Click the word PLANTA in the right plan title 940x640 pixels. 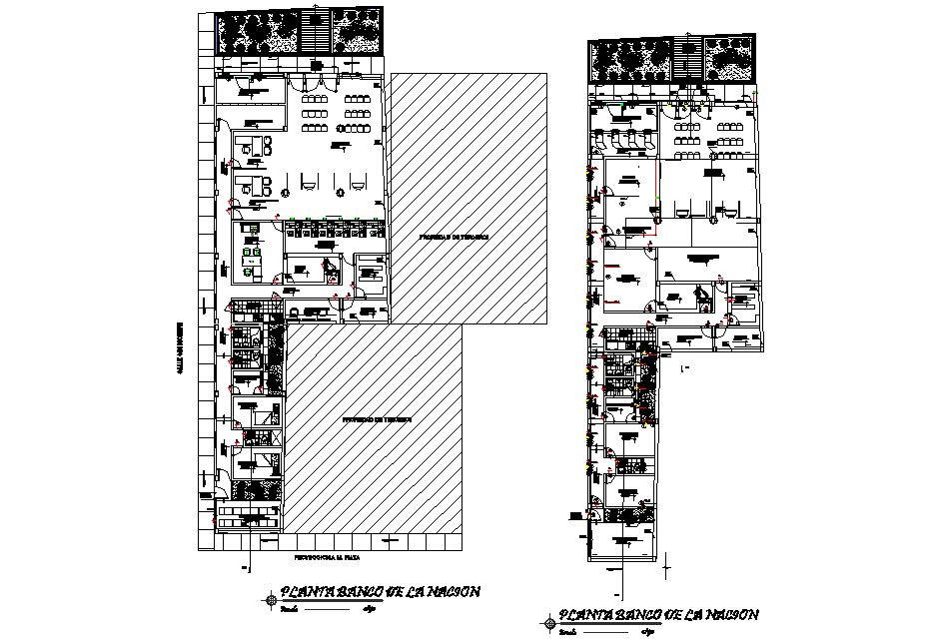click(578, 614)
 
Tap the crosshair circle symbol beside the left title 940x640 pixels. click(272, 599)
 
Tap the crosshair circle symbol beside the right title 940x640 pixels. click(548, 625)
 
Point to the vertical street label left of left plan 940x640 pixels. click(181, 348)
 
